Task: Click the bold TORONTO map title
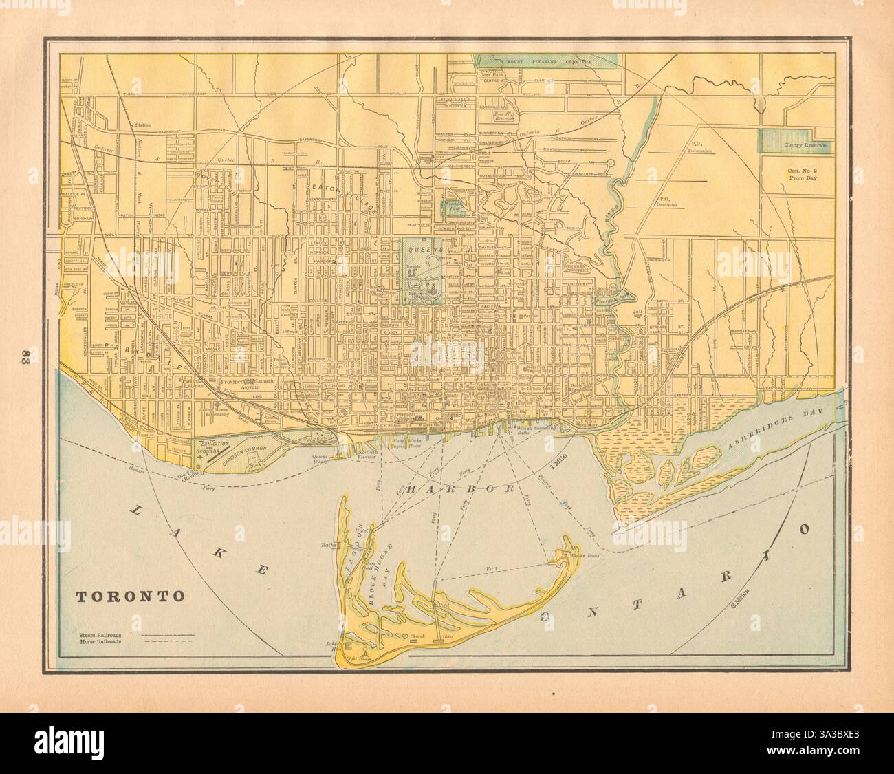130,596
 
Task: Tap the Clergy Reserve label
797,146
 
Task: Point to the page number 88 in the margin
22,359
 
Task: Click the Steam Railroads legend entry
100,631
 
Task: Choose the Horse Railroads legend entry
100,640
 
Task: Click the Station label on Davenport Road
143,125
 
